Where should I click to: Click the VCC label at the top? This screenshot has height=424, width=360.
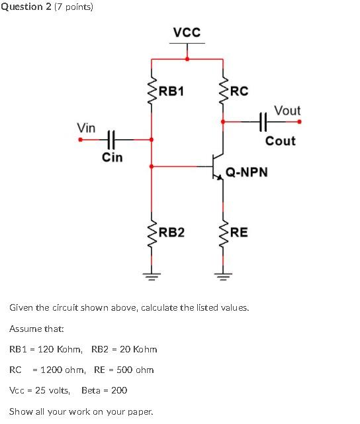point(187,32)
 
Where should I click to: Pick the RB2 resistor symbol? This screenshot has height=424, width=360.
point(153,232)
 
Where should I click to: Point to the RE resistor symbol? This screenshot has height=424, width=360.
point(223,232)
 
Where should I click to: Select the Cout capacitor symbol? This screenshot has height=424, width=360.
point(263,121)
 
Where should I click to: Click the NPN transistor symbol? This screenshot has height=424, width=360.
point(217,166)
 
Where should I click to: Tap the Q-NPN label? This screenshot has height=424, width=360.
point(247,172)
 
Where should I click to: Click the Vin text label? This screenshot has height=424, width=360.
point(86,127)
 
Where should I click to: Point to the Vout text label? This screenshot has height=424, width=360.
point(287,111)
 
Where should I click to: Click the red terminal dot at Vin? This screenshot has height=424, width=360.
point(81,140)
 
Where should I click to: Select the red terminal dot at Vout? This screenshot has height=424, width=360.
point(299,121)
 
